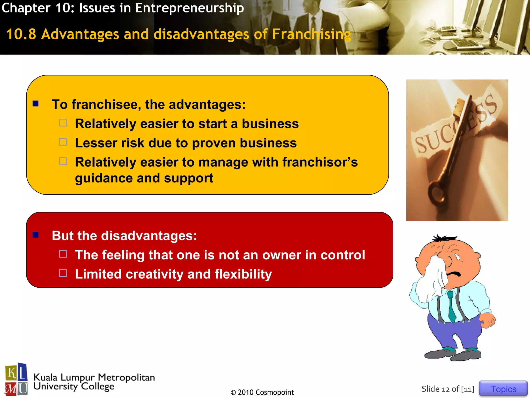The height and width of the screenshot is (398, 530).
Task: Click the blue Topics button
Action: [x=503, y=389]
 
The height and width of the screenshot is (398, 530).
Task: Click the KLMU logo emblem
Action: [x=16, y=379]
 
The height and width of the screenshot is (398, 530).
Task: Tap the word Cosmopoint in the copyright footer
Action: [x=275, y=392]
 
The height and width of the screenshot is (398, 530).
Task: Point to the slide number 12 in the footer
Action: [x=445, y=389]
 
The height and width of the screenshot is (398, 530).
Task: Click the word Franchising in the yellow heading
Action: [x=312, y=34]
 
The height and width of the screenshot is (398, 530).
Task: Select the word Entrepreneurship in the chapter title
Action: [x=189, y=8]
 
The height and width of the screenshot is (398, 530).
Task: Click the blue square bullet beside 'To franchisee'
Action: [x=35, y=104]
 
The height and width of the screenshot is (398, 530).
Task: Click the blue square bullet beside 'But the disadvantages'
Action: [x=35, y=235]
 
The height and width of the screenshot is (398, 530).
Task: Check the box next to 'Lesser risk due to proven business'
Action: [x=63, y=142]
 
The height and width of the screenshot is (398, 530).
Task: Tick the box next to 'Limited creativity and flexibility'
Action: [x=63, y=273]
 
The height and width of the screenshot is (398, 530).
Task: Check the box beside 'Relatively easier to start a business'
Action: [x=63, y=123]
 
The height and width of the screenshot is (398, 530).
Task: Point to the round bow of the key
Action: [x=437, y=193]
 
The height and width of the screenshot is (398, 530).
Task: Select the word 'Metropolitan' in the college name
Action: [x=126, y=378]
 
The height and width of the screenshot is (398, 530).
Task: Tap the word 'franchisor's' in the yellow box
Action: [x=320, y=162]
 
